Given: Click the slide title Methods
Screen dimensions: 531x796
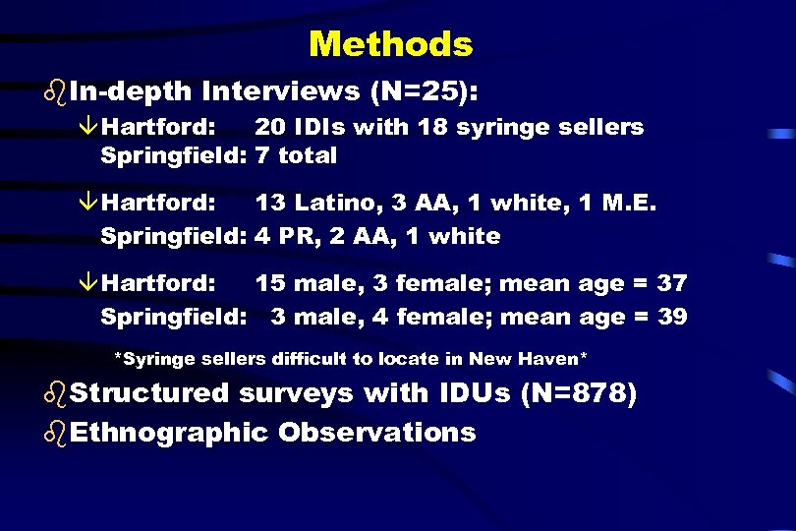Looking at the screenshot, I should click(390, 44).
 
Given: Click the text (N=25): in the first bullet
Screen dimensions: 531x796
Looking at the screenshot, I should click(425, 91).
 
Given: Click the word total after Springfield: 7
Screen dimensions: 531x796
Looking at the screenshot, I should click(308, 155).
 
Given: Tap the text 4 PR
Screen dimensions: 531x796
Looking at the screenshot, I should click(277, 236).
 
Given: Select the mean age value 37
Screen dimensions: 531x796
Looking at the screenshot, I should click(672, 284).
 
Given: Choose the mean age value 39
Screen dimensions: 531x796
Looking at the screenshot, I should click(672, 317).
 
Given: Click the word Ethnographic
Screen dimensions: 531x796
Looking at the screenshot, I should click(169, 432).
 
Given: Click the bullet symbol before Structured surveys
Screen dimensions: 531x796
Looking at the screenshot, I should click(56, 393).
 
